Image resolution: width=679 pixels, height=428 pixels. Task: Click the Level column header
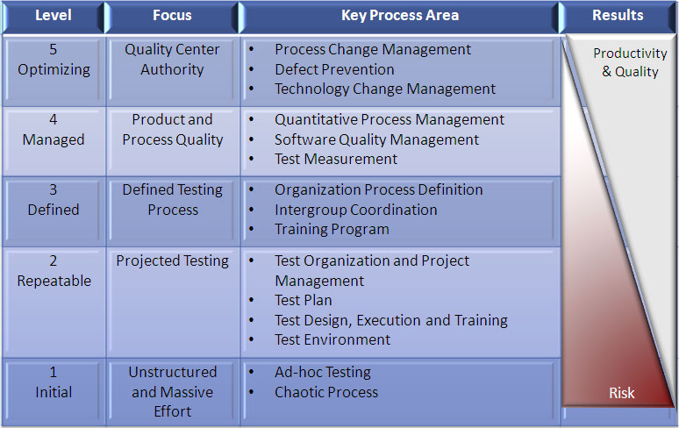54,16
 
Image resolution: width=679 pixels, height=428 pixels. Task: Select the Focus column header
172,16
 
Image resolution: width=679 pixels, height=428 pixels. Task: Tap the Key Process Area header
400,16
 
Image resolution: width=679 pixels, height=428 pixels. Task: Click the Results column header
618,16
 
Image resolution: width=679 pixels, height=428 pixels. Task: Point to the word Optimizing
54,69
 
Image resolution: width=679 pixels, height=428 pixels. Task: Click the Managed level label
54,139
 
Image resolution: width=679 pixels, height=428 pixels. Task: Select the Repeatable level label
54,281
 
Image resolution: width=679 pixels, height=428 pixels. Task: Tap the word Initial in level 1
54,392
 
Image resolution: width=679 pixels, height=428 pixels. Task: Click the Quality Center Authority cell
172,60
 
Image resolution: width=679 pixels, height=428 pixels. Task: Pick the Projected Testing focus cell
172,261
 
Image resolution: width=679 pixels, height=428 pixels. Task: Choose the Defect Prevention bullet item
334,69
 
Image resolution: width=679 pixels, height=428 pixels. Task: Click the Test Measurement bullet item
336,160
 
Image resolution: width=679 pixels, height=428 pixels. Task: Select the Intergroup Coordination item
356,210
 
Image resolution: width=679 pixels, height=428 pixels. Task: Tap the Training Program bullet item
332,230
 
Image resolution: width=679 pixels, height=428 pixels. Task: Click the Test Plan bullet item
304,300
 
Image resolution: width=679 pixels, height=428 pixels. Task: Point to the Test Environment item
332,339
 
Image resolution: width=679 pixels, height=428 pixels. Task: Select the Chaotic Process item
326,392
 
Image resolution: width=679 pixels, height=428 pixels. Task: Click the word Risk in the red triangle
621,393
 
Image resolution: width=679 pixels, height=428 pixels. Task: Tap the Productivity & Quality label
630,62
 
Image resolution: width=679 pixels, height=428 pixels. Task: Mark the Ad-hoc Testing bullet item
323,372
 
